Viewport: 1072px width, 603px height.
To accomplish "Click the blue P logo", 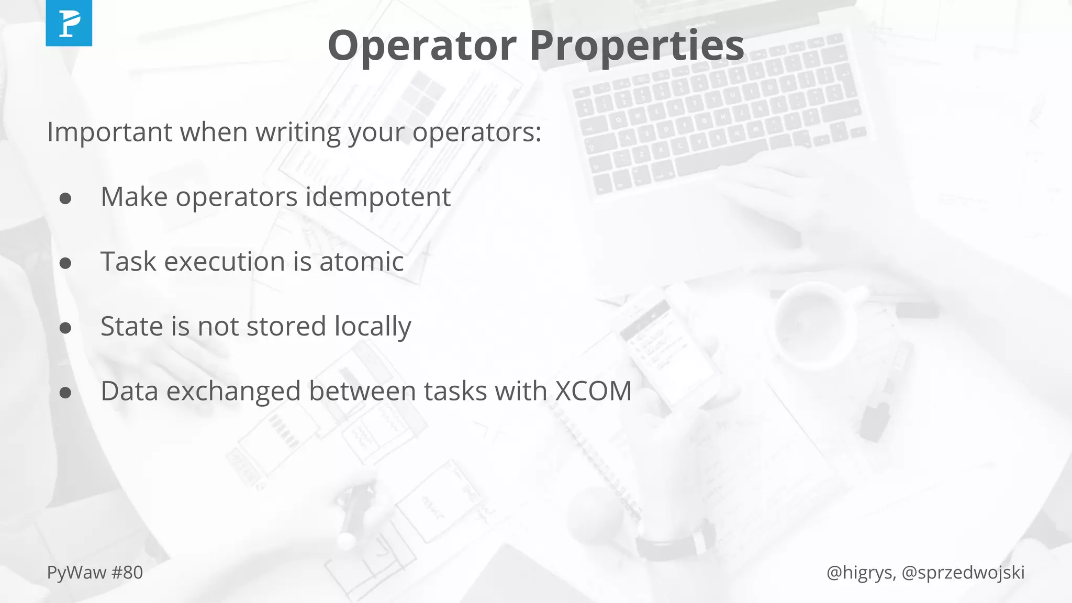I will (69, 23).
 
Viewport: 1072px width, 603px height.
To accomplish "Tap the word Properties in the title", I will (636, 47).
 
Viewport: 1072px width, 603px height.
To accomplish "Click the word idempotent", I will (378, 197).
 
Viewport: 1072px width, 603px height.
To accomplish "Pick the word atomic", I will (361, 261).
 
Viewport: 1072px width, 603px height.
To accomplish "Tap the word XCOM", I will (593, 391).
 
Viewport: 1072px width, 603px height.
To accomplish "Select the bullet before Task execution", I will (65, 263).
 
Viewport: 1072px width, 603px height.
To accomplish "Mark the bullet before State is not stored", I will (65, 328).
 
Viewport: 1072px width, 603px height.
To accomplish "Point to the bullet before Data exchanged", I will (65, 393).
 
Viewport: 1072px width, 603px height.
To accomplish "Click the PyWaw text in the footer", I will (76, 573).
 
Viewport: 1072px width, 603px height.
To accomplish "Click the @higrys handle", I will (859, 573).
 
